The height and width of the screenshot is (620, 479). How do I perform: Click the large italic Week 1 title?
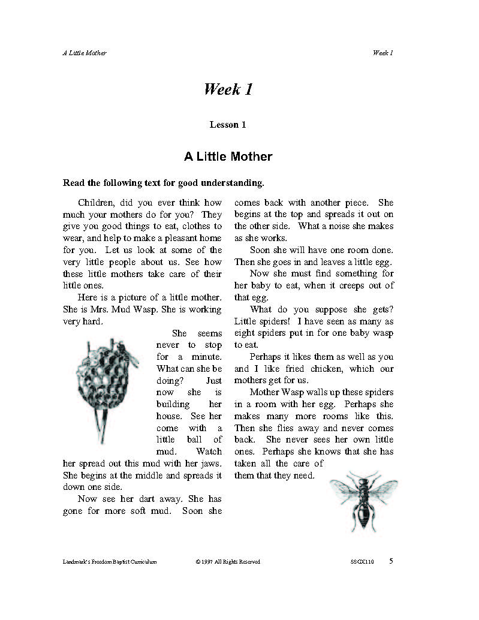(228, 90)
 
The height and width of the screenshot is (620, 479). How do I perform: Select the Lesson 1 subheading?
(228, 125)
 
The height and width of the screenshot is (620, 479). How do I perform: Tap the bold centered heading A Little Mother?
(228, 156)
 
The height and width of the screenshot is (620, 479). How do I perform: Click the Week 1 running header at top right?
(382, 53)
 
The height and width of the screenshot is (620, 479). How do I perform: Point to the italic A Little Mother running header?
(85, 53)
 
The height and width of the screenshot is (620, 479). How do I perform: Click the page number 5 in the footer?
(391, 561)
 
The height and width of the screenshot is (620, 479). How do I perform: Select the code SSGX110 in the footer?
(362, 562)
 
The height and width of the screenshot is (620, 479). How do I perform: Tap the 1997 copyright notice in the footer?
(228, 562)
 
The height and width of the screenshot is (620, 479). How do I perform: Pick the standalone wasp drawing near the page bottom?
(363, 500)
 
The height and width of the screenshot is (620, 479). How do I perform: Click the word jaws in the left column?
(209, 464)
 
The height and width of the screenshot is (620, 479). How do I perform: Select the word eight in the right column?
(245, 333)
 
